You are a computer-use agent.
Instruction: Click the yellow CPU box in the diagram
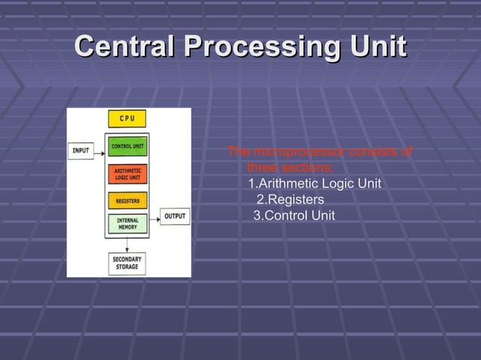pos(127,119)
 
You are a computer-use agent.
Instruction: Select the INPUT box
pos(81,151)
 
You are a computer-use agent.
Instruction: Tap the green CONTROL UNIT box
pos(127,145)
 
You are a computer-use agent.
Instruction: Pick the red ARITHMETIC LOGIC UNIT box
pos(127,174)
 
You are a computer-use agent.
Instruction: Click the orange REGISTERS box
pos(127,201)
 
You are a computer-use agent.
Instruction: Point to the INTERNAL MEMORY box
pos(127,224)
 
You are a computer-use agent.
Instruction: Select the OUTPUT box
pos(175,216)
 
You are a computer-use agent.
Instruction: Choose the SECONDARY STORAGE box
pos(127,263)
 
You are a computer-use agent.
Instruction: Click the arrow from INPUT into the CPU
pos(100,151)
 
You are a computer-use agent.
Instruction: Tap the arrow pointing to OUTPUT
pos(155,217)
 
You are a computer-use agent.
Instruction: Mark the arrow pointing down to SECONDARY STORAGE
pos(127,245)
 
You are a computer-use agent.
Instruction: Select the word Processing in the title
pos(260,47)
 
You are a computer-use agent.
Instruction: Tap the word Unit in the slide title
pos(376,47)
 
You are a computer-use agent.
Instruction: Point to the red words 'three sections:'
pos(290,167)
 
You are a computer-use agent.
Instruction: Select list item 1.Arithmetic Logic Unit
pos(314,184)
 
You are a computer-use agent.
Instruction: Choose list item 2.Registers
pos(290,200)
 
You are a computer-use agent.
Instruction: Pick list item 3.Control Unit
pos(293,216)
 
